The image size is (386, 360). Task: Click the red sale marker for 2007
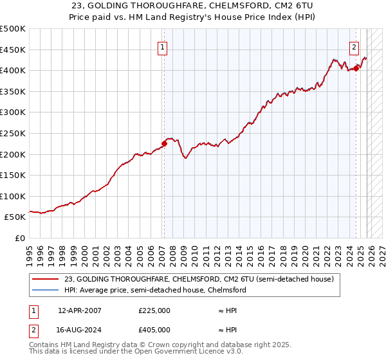164,144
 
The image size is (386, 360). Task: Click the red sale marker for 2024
356,68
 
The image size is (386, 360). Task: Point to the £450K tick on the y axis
13,50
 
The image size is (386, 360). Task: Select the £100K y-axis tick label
13,196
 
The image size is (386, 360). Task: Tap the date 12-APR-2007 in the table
79,310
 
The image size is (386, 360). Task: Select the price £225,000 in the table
154,310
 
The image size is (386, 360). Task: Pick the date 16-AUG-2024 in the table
79,330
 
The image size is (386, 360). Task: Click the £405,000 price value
154,330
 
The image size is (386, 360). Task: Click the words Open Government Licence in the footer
163,353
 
